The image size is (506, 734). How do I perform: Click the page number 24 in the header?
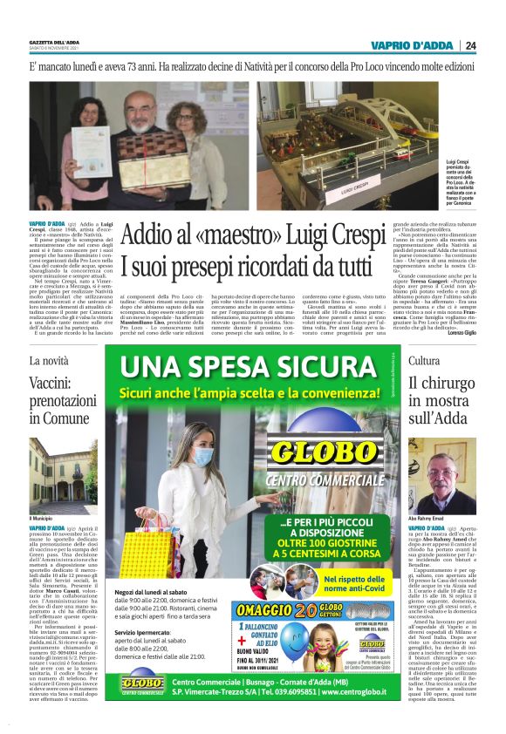pyautogui.click(x=470, y=46)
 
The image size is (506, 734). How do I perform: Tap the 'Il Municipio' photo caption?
pyautogui.click(x=43, y=519)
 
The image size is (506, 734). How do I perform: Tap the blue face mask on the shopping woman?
pyautogui.click(x=203, y=456)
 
